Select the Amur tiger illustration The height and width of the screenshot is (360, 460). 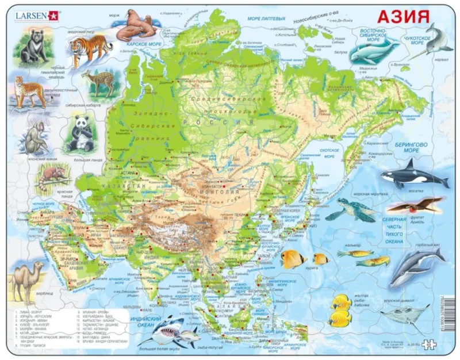pos(90,48)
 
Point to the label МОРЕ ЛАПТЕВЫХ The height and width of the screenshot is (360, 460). pos(266,19)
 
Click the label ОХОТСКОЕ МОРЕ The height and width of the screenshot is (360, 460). pos(329,153)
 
